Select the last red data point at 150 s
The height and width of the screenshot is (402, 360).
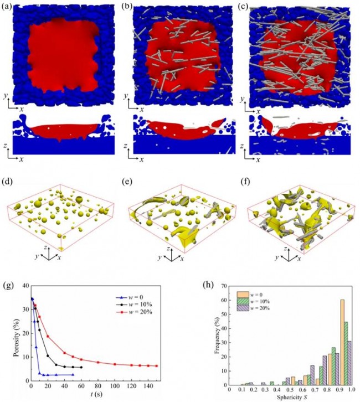[x=156, y=366]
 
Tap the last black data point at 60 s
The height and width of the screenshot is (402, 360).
[x=81, y=367]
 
